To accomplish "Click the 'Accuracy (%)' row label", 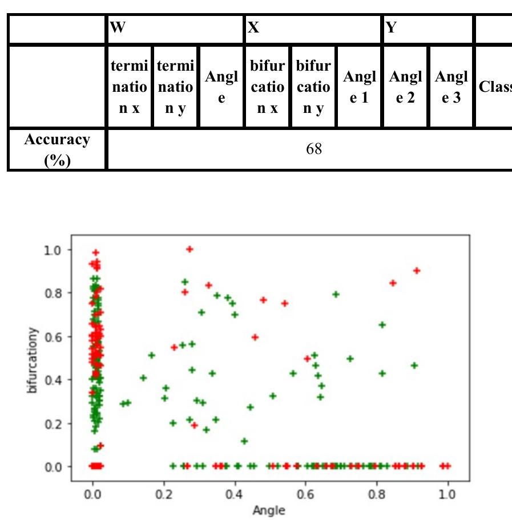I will [57, 149].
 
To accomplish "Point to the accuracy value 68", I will [314, 149].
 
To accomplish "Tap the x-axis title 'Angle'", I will [269, 510].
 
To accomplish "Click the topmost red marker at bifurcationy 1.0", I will [190, 249].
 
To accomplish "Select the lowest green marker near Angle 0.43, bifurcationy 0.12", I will [244, 441].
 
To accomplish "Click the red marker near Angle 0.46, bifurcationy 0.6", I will [255, 337].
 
